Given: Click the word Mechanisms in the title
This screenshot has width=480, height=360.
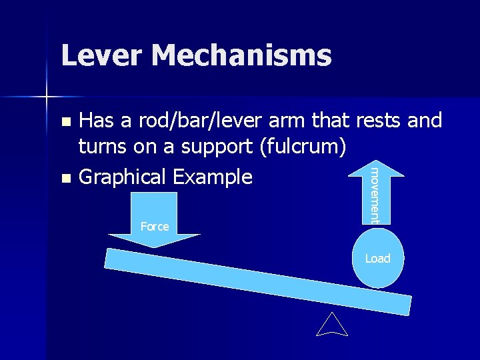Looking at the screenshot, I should [241, 55].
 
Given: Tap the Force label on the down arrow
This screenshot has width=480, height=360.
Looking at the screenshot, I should [155, 227].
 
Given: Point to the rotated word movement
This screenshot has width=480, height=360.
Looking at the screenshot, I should [375, 195].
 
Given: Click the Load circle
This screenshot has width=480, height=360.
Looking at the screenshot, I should [377, 259].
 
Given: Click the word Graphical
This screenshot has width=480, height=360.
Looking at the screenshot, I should [123, 177].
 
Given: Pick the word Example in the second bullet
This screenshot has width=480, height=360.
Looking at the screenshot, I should [212, 177].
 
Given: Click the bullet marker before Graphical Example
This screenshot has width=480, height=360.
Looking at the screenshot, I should [65, 179].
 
